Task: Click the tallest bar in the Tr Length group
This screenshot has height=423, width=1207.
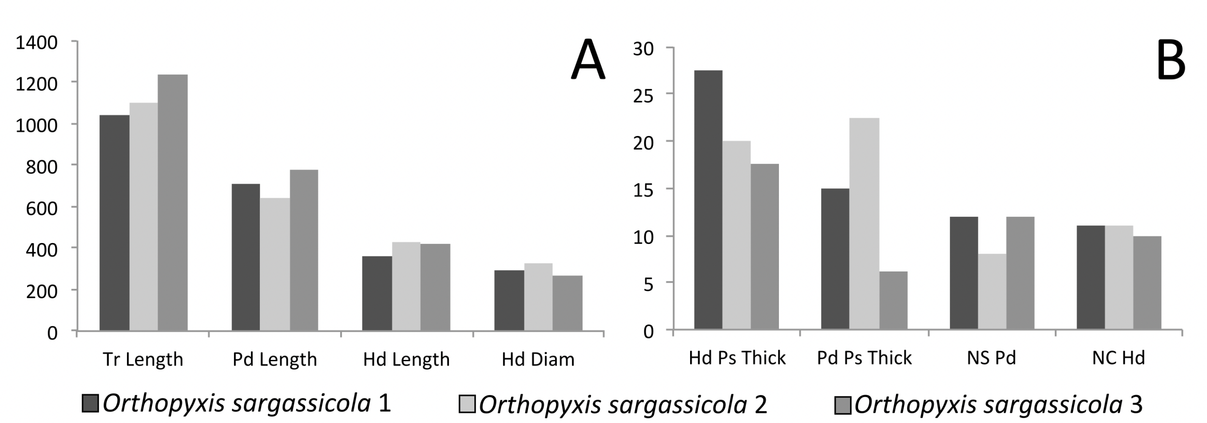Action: (172, 202)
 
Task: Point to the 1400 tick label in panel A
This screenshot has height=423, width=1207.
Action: (36, 43)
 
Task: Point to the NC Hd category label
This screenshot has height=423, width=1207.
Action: (1118, 358)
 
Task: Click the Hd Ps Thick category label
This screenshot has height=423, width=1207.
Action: (737, 358)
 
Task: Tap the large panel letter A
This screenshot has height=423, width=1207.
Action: (588, 60)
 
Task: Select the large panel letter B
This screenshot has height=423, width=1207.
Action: (1171, 60)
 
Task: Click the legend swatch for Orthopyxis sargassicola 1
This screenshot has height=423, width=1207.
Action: (90, 403)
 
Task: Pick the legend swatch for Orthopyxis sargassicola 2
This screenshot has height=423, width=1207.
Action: (467, 404)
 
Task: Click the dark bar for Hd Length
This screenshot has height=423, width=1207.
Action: (377, 293)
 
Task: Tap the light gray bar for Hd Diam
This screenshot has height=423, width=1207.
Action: (538, 297)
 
